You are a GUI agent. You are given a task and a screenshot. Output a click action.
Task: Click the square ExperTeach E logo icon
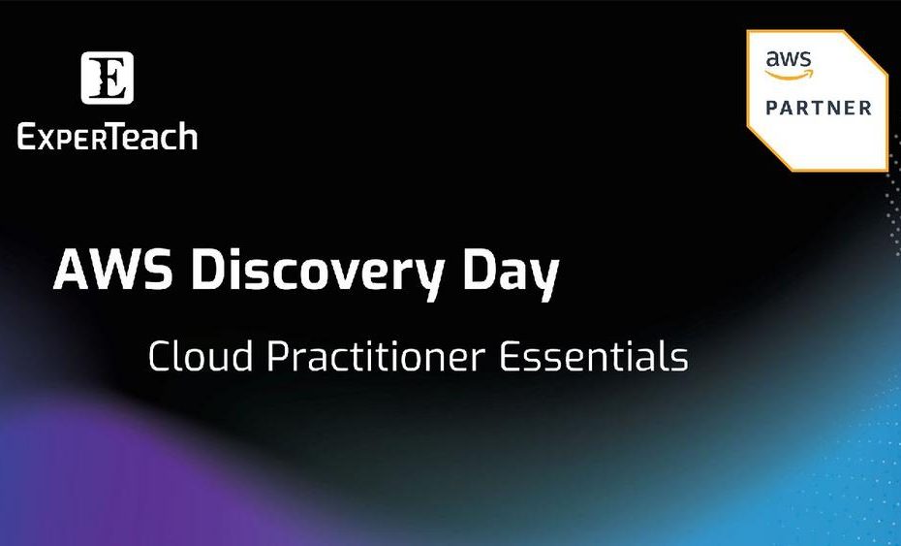click(x=107, y=78)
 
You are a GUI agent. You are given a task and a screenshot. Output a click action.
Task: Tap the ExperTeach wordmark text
click(x=108, y=137)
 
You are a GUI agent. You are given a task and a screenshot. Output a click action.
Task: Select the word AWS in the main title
click(x=112, y=270)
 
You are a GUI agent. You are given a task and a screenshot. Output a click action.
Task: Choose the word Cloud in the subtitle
click(x=200, y=356)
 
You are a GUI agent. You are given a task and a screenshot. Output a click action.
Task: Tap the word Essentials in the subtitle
click(x=594, y=356)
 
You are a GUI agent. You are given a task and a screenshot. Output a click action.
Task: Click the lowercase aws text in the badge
click(x=789, y=60)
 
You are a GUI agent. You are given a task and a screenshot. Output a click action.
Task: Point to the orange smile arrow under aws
click(x=790, y=75)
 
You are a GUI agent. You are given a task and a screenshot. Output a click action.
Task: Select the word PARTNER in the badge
click(x=819, y=108)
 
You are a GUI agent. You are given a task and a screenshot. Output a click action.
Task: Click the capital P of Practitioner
click(x=278, y=356)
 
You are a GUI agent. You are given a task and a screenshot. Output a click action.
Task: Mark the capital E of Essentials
click(x=510, y=356)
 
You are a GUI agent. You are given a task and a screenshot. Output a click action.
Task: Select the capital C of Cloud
click(x=159, y=356)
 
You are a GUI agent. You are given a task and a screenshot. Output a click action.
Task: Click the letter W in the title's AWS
click(x=113, y=270)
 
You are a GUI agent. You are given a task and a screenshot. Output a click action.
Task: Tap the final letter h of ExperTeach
click(x=189, y=137)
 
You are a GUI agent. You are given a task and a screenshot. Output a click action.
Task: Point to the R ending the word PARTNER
click(x=865, y=108)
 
